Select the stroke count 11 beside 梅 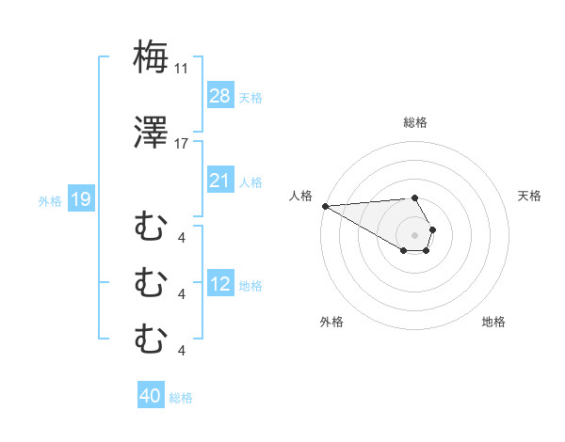[x=182, y=69]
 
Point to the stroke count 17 [x=182, y=144]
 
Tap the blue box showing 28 [x=220, y=96]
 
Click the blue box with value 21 [x=220, y=181]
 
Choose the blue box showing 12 [x=220, y=285]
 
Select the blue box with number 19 [x=80, y=199]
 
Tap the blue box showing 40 [x=151, y=396]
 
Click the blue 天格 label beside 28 [x=250, y=97]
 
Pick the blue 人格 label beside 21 [x=250, y=182]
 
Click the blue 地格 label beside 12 [x=250, y=286]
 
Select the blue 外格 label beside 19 [x=50, y=200]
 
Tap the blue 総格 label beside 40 [x=181, y=397]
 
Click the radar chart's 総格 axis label [x=415, y=122]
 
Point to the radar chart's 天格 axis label [x=530, y=196]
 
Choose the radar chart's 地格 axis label [x=493, y=322]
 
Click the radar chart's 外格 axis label [x=331, y=322]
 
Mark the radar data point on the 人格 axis [x=325, y=206]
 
